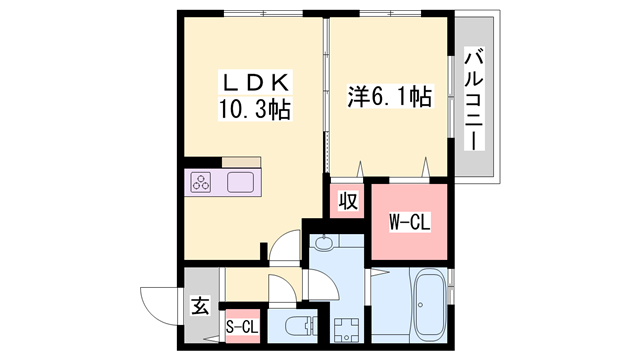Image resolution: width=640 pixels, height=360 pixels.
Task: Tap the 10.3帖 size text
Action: coord(254,108)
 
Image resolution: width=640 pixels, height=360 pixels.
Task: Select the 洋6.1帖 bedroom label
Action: coord(389,98)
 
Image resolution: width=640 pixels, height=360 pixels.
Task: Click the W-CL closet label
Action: coord(408,222)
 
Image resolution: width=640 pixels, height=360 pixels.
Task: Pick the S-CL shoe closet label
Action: coord(241,325)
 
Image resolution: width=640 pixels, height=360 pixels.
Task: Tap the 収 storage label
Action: coord(347,200)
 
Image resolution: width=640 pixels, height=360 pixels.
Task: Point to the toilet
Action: coord(298,325)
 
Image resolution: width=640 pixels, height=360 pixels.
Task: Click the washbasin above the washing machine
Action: coord(325,242)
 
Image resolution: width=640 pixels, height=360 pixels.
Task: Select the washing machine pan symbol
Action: coord(347,329)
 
